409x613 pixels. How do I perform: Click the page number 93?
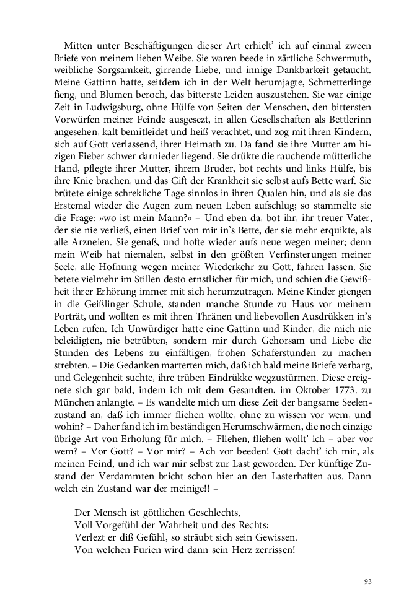coord(368,581)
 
